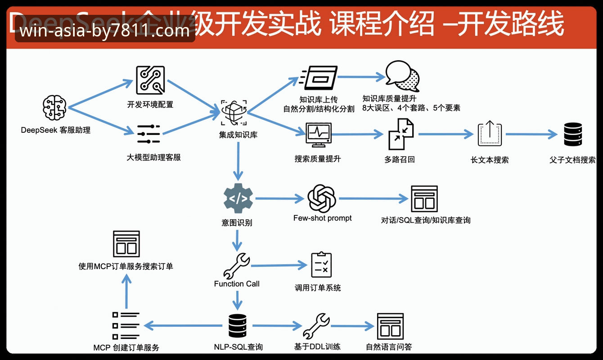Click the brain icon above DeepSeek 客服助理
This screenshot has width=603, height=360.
[54, 108]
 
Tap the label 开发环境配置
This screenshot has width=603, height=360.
[150, 104]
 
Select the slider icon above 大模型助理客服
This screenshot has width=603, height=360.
[148, 134]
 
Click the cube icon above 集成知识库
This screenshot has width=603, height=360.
[234, 113]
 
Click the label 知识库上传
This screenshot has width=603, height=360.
[319, 99]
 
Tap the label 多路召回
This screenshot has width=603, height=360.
[399, 159]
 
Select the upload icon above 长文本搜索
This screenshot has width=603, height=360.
[490, 134]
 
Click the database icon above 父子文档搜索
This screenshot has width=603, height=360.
[573, 134]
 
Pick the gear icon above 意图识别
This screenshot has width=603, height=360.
[238, 198]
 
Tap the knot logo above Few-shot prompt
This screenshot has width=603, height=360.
[322, 198]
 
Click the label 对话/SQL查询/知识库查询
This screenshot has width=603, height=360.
[425, 220]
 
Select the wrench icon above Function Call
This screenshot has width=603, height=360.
[237, 265]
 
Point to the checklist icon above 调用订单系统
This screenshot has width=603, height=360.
[321, 265]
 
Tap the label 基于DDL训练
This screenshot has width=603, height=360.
[317, 346]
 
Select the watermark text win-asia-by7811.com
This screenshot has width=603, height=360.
[105, 31]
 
